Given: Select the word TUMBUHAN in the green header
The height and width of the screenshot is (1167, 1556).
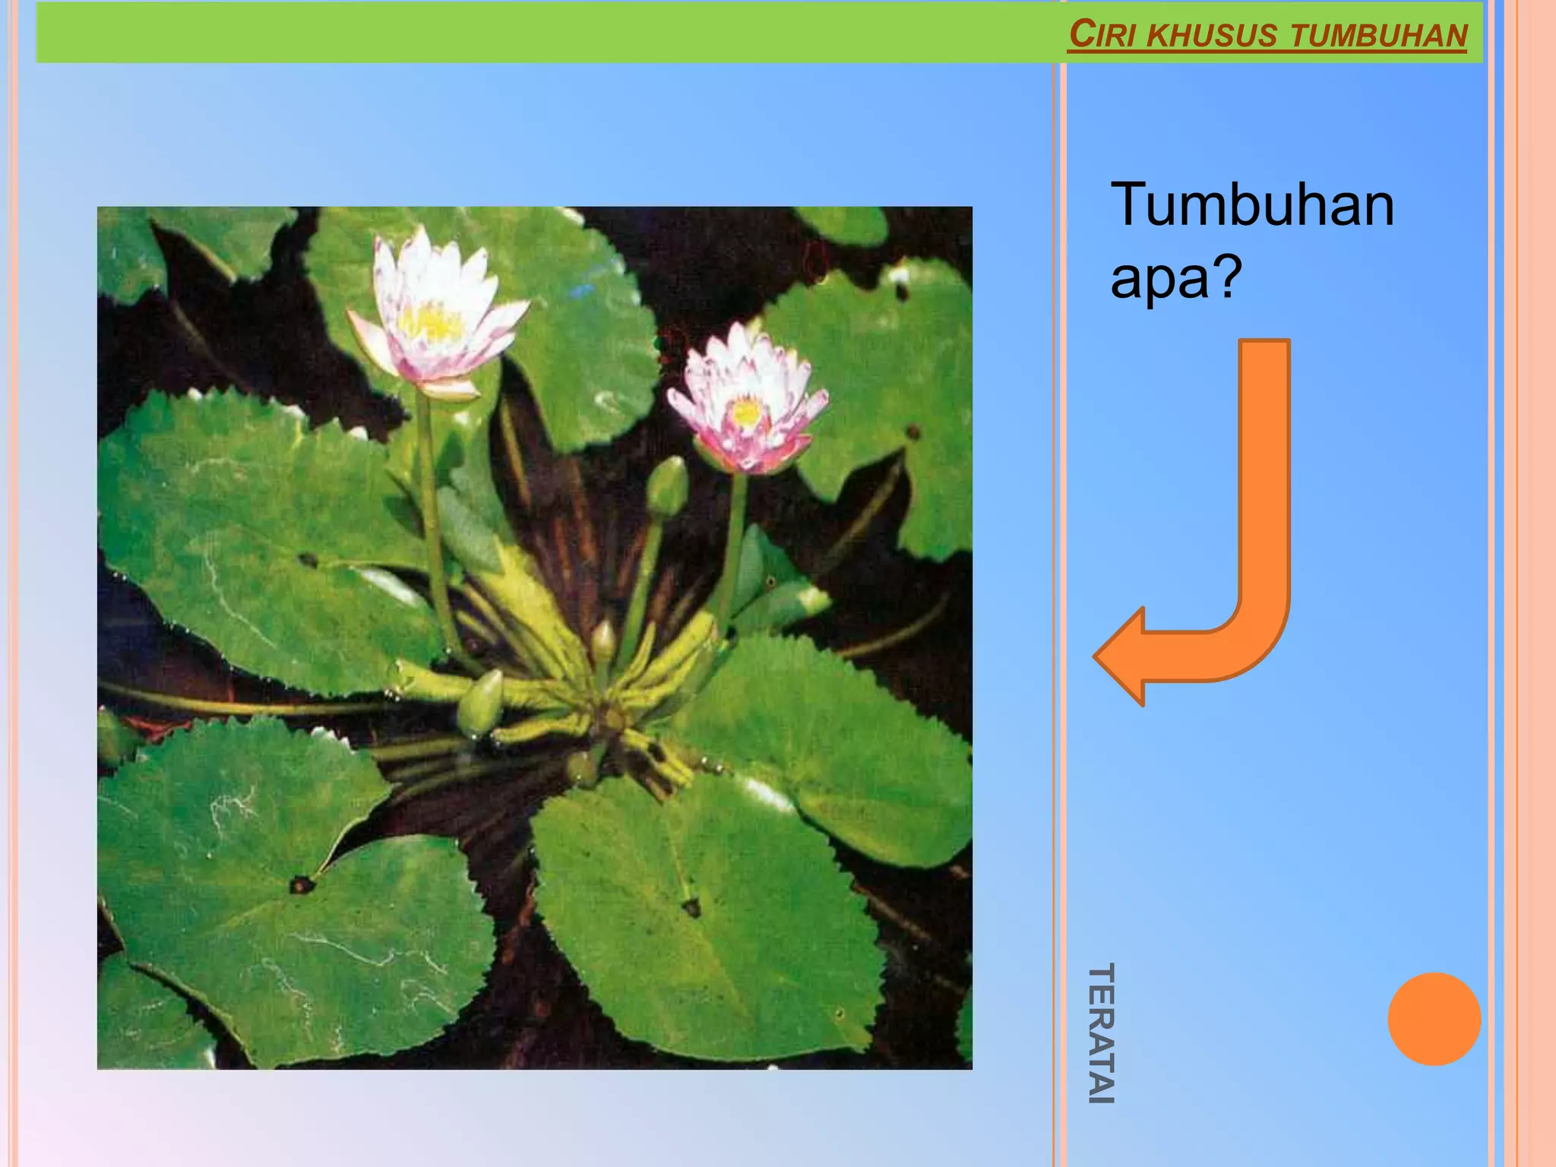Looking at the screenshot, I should (1378, 36).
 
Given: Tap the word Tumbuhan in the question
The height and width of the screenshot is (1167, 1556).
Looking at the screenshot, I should (1252, 204).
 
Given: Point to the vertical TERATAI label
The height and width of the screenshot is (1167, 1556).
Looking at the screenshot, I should (1101, 1033).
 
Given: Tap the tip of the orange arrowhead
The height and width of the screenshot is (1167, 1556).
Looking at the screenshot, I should (1096, 656).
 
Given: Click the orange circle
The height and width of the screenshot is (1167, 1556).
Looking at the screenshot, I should (1434, 1018).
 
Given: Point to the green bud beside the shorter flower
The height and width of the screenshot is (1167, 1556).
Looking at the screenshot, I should (668, 486).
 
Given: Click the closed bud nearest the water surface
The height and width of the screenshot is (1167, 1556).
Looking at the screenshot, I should (481, 703).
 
